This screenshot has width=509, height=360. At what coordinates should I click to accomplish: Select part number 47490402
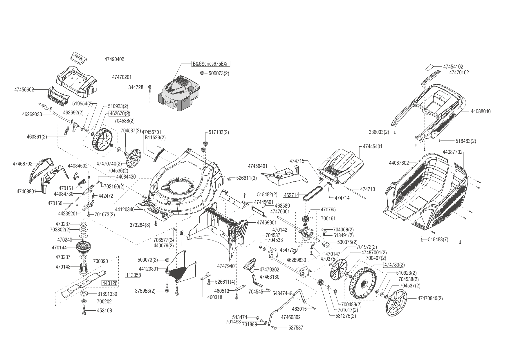pyautogui.click(x=114, y=59)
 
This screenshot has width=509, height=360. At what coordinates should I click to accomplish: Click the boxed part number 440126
pyautogui.click(x=109, y=283)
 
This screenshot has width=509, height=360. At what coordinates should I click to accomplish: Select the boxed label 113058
pyautogui.click(x=133, y=275)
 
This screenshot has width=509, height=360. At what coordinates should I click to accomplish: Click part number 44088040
pyautogui.click(x=481, y=111)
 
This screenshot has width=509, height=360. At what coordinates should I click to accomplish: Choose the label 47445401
pyautogui.click(x=372, y=147)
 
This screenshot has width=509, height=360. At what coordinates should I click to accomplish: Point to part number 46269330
pyautogui.click(x=32, y=114)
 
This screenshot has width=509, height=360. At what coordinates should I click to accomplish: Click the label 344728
pyautogui.click(x=136, y=87)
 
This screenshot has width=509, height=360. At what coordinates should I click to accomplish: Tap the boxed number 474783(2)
pyautogui.click(x=394, y=265)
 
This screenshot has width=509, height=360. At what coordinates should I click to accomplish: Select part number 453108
pyautogui.click(x=104, y=311)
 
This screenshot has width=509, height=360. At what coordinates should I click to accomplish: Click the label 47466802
pyautogui.click(x=291, y=317)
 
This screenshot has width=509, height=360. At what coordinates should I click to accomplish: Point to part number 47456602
pyautogui.click(x=24, y=90)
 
